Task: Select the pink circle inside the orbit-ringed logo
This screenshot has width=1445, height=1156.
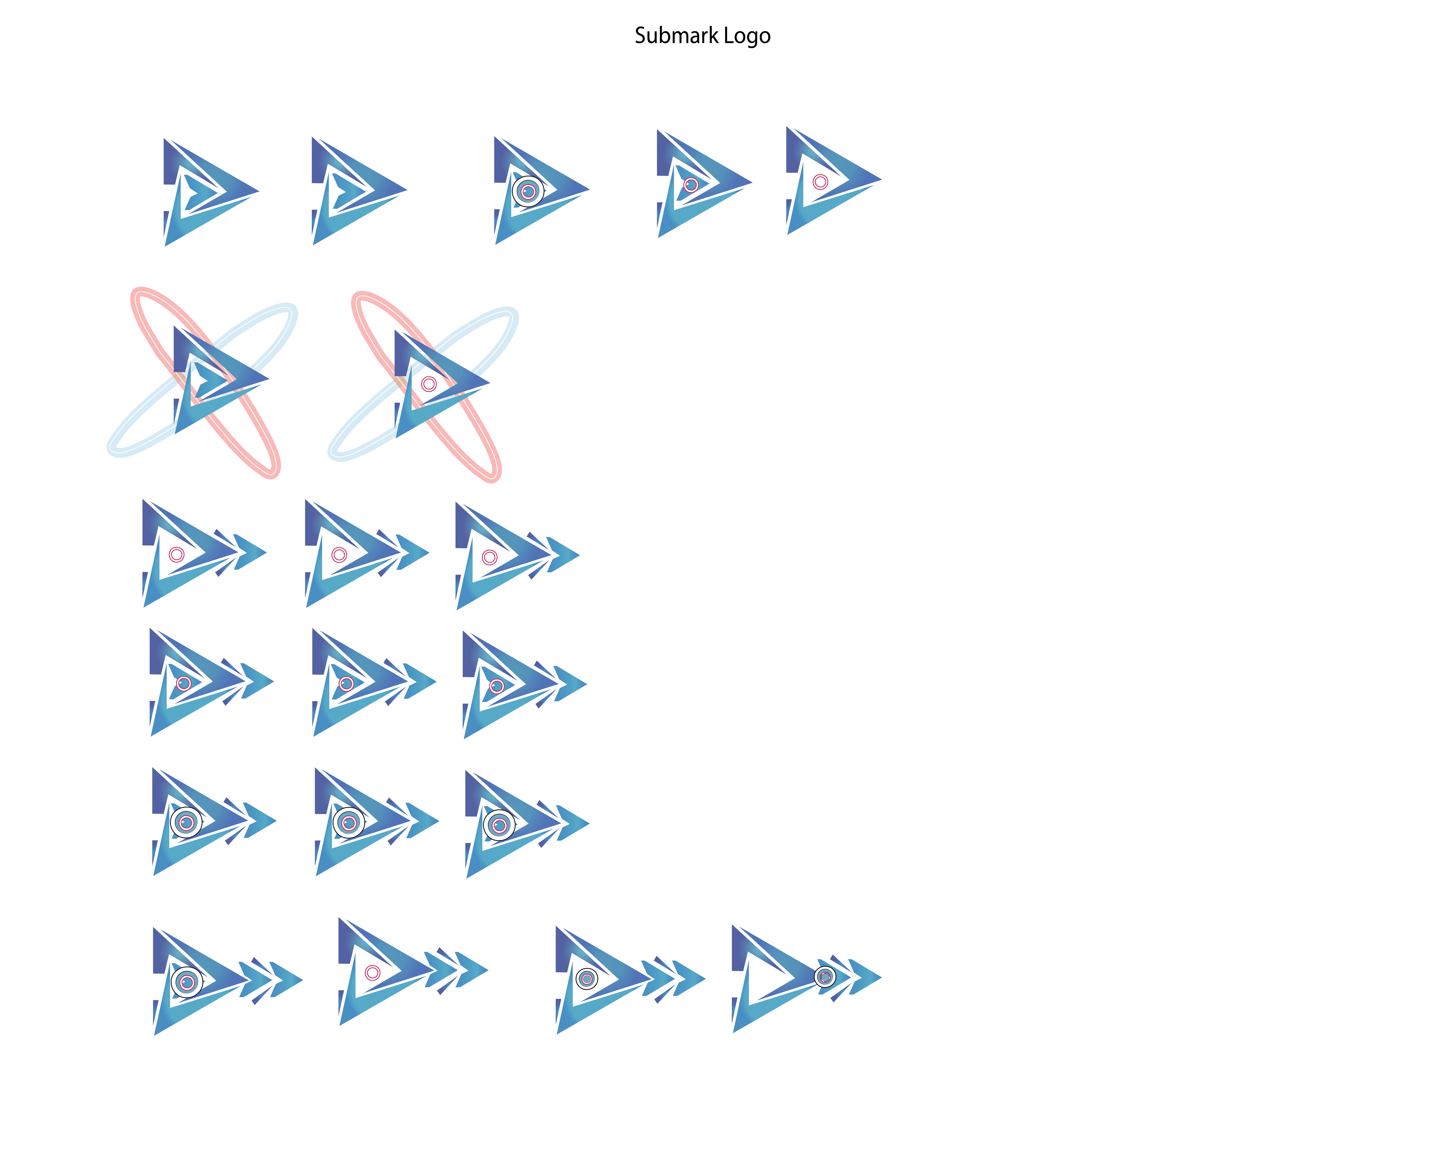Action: (429, 384)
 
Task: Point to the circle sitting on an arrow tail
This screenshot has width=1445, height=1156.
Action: (825, 977)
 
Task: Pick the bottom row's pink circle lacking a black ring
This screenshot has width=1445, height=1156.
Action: (373, 972)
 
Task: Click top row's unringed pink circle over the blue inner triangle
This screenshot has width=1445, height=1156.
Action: (691, 185)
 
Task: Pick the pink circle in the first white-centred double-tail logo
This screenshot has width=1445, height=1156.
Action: (176, 554)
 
